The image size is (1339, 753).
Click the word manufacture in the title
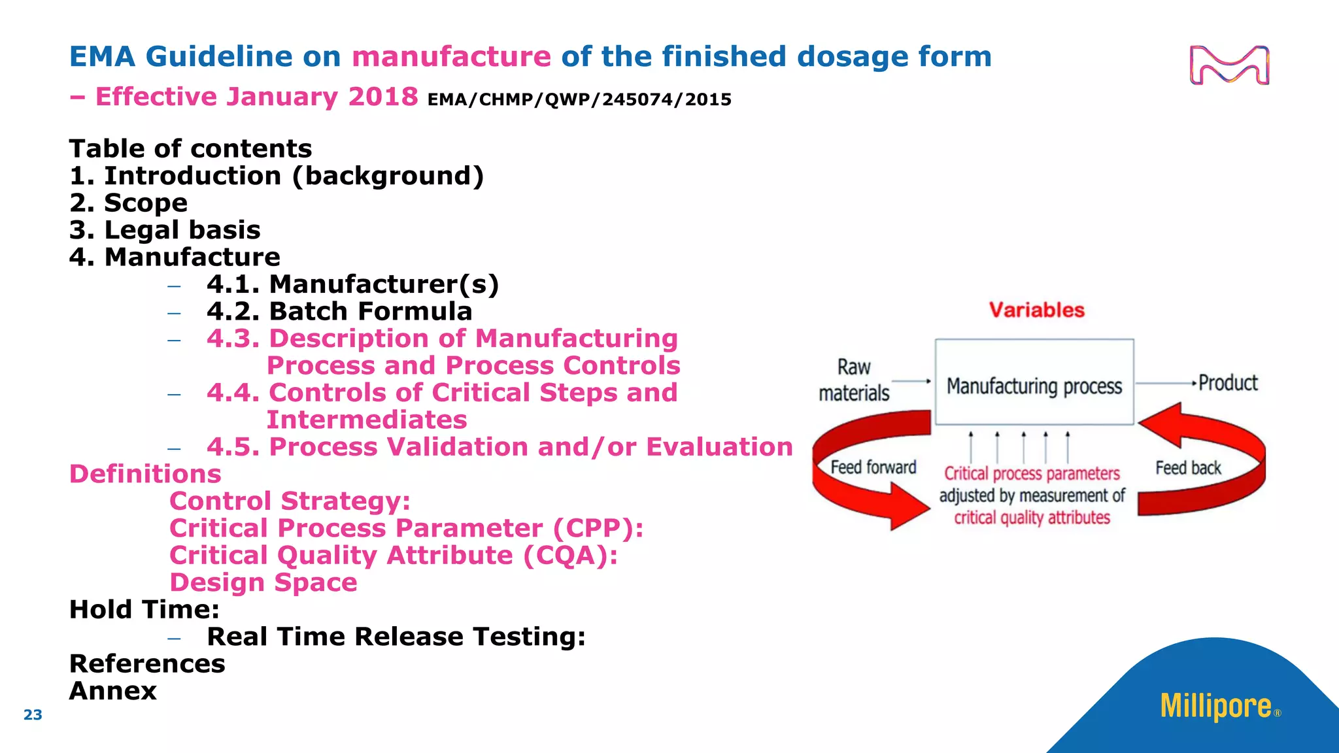451,57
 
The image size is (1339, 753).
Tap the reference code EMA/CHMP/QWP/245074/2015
579,100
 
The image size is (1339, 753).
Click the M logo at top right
1229,65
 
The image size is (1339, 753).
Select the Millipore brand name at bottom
1215,707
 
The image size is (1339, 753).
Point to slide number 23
33,714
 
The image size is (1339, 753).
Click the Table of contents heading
190,149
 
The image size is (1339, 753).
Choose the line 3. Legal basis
165,230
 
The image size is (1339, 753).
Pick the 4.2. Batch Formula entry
339,311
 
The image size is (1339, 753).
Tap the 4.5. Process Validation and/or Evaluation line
499,447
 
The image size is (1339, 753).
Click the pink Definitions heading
145,474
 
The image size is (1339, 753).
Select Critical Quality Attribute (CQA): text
393,556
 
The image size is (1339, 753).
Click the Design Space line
263,582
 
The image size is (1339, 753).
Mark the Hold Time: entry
144,610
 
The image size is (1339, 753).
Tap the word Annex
113,691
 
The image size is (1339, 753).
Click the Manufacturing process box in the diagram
1034,386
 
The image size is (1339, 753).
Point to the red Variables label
1036,310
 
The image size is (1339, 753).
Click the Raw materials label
854,380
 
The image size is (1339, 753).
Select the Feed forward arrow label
873,467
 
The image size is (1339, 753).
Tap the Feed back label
1187,468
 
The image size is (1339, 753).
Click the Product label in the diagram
1227,383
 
